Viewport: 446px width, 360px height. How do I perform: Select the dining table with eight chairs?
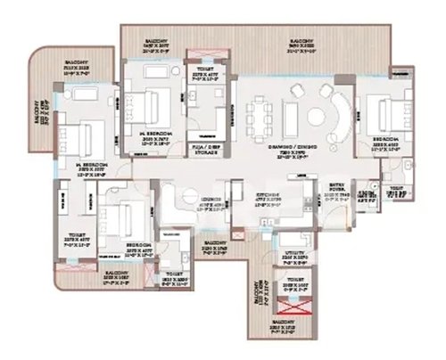(262, 115)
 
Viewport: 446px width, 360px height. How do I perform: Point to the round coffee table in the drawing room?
(318, 114)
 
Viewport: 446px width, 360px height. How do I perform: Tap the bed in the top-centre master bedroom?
(145, 109)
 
